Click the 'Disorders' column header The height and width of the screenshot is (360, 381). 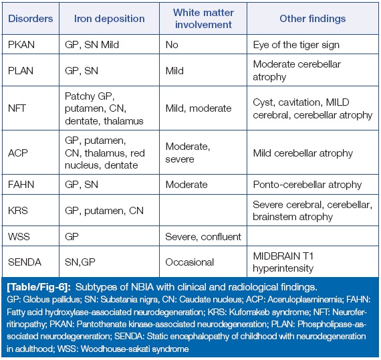(31, 19)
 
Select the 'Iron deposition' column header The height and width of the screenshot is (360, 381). (110, 19)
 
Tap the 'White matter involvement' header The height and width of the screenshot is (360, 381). (203, 19)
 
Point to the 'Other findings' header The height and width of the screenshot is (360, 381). (312, 19)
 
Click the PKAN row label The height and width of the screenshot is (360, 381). (21, 45)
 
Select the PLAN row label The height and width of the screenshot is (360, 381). (21, 71)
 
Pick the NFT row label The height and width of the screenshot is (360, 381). (17, 108)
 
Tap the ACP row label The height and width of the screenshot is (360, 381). (18, 153)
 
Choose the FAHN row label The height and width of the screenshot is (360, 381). (21, 185)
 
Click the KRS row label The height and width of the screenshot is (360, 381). (18, 211)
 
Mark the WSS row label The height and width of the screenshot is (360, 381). (19, 237)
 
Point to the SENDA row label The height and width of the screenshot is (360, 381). (25, 262)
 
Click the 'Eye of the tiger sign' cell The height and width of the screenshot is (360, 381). (296, 45)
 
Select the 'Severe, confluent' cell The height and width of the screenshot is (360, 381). (203, 237)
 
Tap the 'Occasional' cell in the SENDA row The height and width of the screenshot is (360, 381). (190, 262)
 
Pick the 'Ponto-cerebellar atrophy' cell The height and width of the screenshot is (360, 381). (307, 185)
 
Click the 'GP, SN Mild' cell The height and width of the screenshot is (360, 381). (92, 45)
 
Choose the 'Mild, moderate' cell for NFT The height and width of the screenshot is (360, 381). (199, 108)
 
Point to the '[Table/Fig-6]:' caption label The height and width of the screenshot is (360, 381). (39, 287)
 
